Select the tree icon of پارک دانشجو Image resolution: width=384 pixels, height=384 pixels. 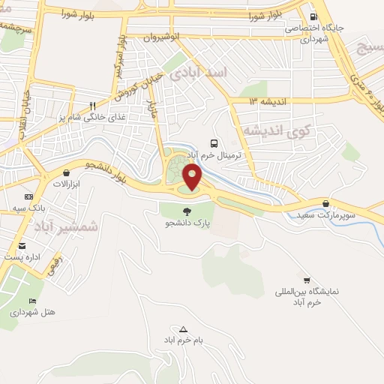[x=187, y=211]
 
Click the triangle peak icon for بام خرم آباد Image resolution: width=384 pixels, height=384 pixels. [x=184, y=328]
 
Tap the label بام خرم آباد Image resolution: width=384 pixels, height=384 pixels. [x=185, y=340]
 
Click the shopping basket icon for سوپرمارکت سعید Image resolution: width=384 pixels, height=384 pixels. [x=325, y=203]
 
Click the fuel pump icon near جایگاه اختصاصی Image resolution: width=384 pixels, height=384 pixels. [x=313, y=16]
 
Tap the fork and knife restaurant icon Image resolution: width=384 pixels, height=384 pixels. [x=92, y=106]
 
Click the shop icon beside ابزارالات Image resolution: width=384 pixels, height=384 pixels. [x=66, y=172]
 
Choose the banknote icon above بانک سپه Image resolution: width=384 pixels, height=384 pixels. [x=28, y=196]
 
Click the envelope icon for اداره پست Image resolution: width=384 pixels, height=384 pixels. [x=21, y=246]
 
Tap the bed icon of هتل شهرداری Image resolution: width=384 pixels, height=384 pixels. [x=31, y=301]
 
